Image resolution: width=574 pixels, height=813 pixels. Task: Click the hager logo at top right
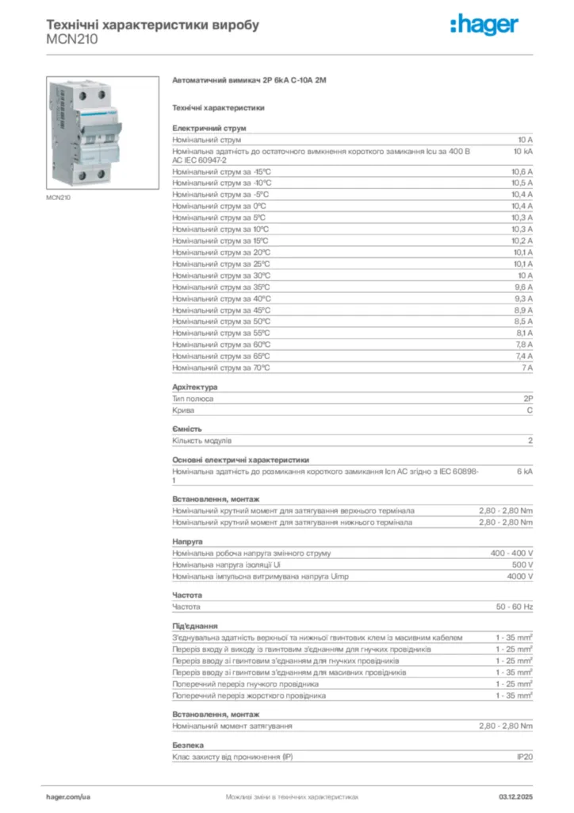tap(484, 25)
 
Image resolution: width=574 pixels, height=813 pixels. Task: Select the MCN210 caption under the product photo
tap(58, 197)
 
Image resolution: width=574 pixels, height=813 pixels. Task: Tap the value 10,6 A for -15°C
tap(522, 171)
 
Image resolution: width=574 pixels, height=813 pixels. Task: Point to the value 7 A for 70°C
tap(526, 368)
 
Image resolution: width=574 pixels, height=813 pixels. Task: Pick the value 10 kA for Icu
tap(522, 151)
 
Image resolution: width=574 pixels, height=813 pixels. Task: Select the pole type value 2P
tap(527, 399)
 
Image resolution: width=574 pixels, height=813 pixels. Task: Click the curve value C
tap(530, 410)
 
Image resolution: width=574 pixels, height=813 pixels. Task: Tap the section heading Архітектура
tap(194, 387)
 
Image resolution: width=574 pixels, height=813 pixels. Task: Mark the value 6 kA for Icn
tap(525, 472)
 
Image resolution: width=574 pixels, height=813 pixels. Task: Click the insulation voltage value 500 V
tap(522, 564)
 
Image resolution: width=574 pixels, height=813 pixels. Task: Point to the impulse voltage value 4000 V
tap(520, 576)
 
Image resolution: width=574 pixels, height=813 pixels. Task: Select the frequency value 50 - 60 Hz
tap(515, 607)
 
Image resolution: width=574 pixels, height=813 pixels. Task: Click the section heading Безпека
tap(188, 746)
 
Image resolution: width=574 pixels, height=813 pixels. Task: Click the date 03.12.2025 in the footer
tap(515, 796)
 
